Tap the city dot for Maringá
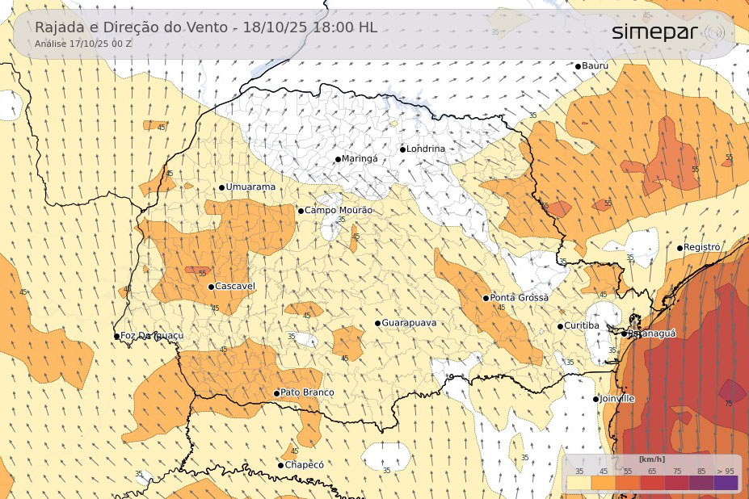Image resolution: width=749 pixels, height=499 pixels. click(x=339, y=159)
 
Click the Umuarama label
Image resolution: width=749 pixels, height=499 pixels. click(x=250, y=187)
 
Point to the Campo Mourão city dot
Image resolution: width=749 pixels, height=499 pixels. click(x=301, y=211)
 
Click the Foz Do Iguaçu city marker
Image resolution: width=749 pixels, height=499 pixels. click(x=117, y=336)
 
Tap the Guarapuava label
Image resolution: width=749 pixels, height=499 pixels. click(x=409, y=323)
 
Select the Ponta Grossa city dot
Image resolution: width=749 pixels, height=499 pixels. click(x=486, y=298)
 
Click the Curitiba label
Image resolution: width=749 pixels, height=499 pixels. click(x=582, y=325)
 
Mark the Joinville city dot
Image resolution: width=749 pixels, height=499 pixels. click(x=596, y=399)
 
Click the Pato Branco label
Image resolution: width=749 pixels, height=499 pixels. click(x=307, y=392)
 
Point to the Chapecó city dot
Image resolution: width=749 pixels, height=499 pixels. click(x=281, y=465)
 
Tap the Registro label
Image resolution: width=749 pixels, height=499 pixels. click(x=702, y=247)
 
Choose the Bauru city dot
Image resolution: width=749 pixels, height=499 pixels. click(x=578, y=65)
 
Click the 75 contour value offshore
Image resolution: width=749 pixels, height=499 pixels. click(x=729, y=403)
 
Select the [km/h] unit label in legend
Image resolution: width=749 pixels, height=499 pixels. click(x=651, y=459)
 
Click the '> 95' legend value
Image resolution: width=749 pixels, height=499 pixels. click(x=725, y=471)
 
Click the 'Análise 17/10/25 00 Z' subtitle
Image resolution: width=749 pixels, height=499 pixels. click(x=83, y=44)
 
